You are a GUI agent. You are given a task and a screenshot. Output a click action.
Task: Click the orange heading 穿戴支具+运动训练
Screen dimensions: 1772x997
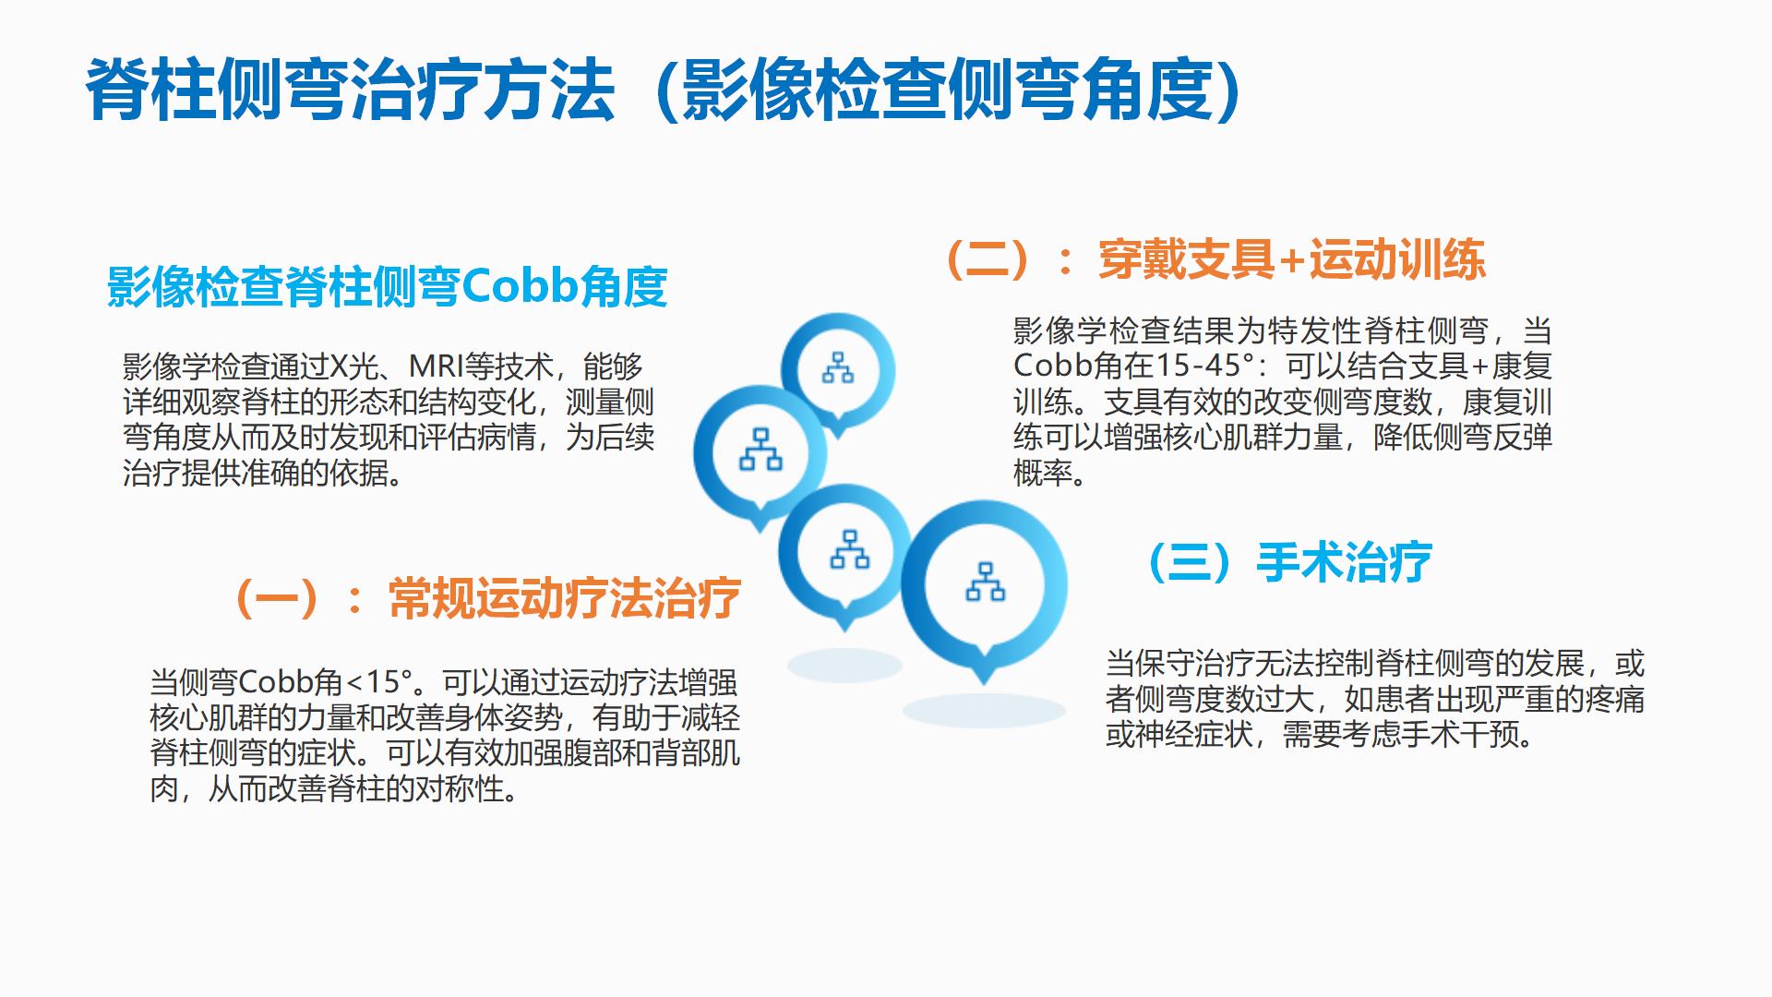1292,259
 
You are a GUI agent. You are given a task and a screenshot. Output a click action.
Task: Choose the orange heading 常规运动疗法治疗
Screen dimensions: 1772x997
565,598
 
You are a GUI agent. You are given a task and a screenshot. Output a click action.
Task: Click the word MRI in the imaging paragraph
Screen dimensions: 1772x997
437,366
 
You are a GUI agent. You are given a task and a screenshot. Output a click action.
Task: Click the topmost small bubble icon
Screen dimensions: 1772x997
838,370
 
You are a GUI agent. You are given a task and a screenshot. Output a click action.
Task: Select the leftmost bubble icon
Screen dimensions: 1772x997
760,454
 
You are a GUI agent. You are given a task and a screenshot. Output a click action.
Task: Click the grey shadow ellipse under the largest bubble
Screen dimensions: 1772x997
984,711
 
